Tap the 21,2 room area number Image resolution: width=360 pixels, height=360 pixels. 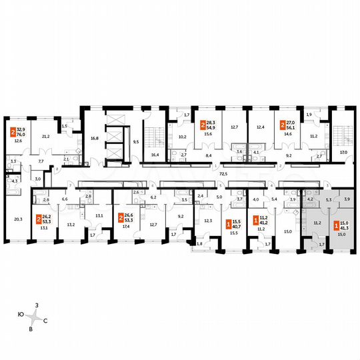tap(46, 136)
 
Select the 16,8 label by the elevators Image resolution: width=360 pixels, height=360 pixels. tap(95, 139)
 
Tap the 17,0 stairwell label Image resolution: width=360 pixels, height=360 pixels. tap(343, 151)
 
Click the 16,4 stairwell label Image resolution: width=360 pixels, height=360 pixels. tap(155, 154)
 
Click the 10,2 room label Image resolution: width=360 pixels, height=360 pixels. tap(181, 139)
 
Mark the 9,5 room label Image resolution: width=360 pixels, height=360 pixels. tap(137, 141)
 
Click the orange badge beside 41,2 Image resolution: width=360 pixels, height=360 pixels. tap(255, 220)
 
